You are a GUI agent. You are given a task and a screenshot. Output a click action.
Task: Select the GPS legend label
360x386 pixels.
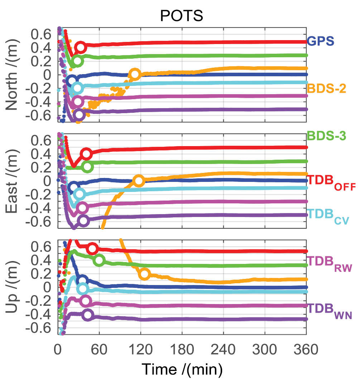tap(321, 41)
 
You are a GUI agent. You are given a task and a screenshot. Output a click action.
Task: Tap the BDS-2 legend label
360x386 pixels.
tap(327, 88)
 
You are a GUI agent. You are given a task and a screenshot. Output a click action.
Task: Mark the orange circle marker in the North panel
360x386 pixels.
tap(135, 74)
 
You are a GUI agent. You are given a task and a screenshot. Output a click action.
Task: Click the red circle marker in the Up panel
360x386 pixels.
tap(92, 249)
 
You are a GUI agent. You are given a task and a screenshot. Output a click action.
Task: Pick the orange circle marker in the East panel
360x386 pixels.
tap(139, 181)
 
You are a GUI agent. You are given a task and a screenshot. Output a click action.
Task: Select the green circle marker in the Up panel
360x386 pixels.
tap(99, 260)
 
